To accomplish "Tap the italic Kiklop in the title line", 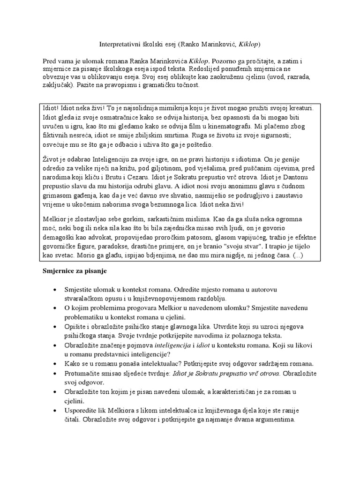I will pos(248,44).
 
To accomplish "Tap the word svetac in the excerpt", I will pos(63,255).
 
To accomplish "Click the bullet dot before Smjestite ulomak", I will pos(57,289).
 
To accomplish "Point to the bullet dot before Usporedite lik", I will pos(57,410).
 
